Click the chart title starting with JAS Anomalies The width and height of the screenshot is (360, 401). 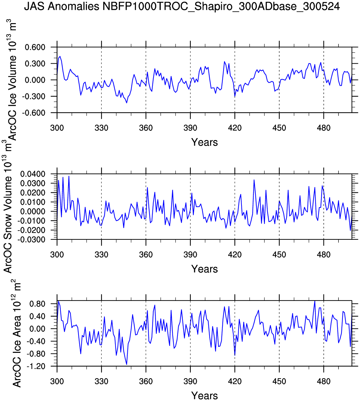[x=182, y=6]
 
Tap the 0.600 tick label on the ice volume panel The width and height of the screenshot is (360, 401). [x=35, y=47]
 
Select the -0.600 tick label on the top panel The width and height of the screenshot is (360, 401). [x=34, y=113]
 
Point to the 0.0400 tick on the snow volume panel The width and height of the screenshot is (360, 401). [x=33, y=174]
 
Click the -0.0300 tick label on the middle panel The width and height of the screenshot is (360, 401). [x=32, y=239]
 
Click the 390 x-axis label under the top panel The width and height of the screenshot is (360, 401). [x=190, y=128]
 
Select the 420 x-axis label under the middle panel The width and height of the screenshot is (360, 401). [x=235, y=255]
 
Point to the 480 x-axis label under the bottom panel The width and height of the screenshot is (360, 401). [x=324, y=381]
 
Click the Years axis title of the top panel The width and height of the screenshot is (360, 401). [x=204, y=142]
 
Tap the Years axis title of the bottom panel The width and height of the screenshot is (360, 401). [x=204, y=396]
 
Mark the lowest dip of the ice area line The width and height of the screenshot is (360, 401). [x=126, y=364]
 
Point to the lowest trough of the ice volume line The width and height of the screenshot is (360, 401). [x=126, y=103]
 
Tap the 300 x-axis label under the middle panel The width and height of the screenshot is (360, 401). [x=57, y=255]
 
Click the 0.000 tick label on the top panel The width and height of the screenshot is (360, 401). [x=35, y=80]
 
